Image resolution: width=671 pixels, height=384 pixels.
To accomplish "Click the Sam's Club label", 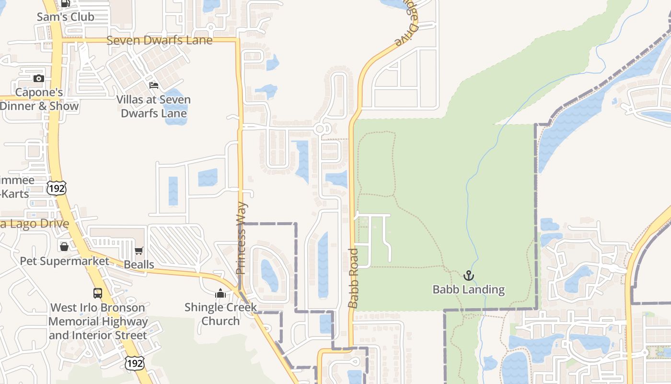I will tap(66, 17).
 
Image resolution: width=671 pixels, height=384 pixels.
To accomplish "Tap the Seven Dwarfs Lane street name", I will tap(159, 40).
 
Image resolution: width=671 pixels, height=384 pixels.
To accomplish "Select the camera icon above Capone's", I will tap(39, 78).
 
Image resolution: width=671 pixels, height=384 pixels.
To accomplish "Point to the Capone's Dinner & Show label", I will tap(39, 99).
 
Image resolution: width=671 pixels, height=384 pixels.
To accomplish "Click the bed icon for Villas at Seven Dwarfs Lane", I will tap(154, 85).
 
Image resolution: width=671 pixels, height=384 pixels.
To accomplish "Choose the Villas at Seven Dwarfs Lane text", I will tap(154, 107).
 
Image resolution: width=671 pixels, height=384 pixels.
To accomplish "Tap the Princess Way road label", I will tap(242, 238).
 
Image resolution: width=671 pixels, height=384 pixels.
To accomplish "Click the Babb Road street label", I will tap(353, 278).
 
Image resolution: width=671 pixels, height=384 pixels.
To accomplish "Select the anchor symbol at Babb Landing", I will tap(468, 276).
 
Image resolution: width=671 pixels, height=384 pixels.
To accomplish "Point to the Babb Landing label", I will tap(468, 289).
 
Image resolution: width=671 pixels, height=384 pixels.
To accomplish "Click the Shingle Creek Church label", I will tap(220, 314).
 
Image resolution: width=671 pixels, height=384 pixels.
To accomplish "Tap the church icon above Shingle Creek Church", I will tap(220, 293).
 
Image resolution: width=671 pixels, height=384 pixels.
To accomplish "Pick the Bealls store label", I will tap(139, 264).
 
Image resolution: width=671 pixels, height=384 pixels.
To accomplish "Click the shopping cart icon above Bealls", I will tap(139, 251).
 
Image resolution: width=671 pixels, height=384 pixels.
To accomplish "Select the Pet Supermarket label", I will tap(65, 261).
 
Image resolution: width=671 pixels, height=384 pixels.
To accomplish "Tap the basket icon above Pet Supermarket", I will tap(64, 247).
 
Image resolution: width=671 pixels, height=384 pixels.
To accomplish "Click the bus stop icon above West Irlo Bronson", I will tap(98, 293).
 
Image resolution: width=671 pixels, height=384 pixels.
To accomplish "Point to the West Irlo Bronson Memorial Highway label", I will tap(98, 321).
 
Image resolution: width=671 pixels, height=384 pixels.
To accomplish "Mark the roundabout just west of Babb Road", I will tap(320, 129).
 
